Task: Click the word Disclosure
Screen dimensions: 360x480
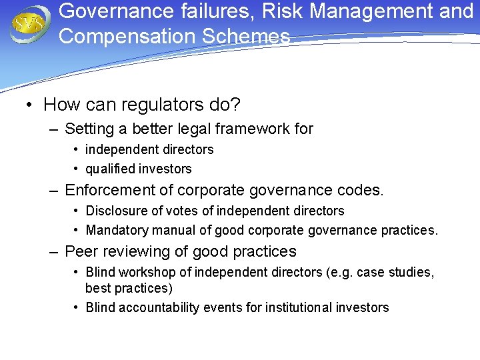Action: tap(116, 211)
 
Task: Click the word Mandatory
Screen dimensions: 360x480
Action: tap(116, 231)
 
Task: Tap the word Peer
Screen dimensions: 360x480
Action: tap(81, 251)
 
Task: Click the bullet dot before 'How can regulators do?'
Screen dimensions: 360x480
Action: tap(30, 105)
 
